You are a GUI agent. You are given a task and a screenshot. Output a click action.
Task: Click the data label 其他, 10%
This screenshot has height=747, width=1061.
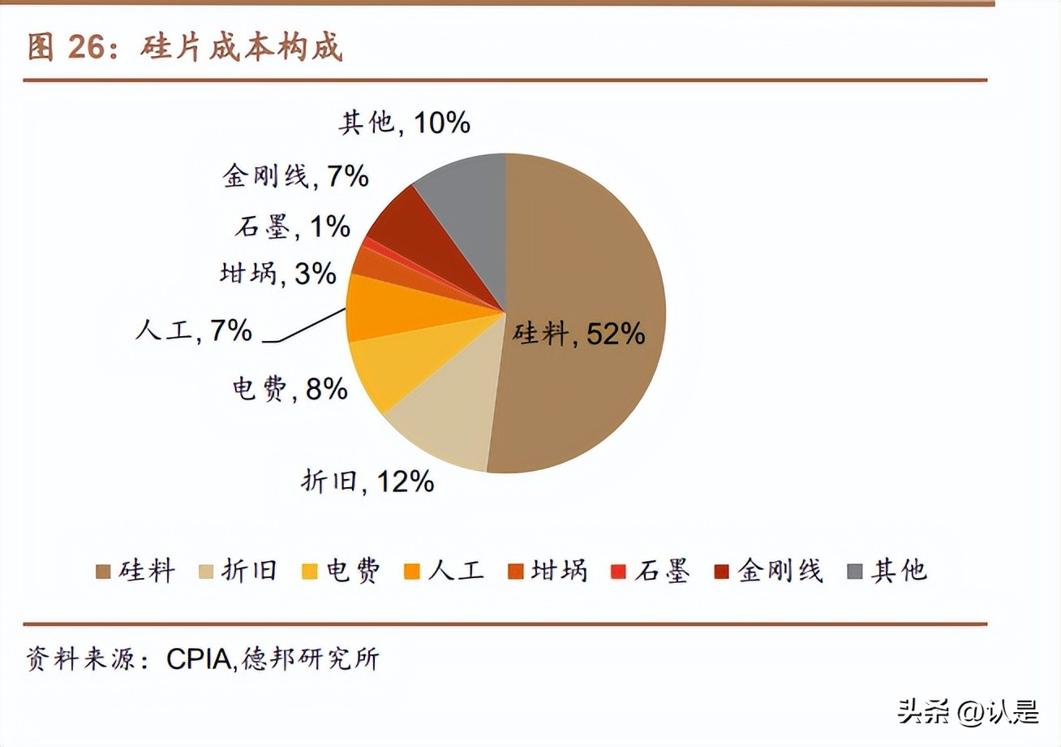click(x=403, y=123)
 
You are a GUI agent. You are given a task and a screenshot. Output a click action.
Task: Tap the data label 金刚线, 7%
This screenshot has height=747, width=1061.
click(x=295, y=175)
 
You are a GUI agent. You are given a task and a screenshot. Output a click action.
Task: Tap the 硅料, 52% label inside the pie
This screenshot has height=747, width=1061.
click(x=578, y=333)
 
